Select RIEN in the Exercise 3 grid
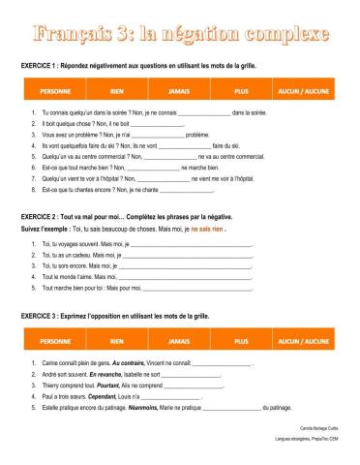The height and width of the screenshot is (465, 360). pyautogui.click(x=117, y=342)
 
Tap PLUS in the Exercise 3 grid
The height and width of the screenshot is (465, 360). pyautogui.click(x=242, y=342)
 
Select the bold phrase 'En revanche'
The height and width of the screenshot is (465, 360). pyautogui.click(x=105, y=373)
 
